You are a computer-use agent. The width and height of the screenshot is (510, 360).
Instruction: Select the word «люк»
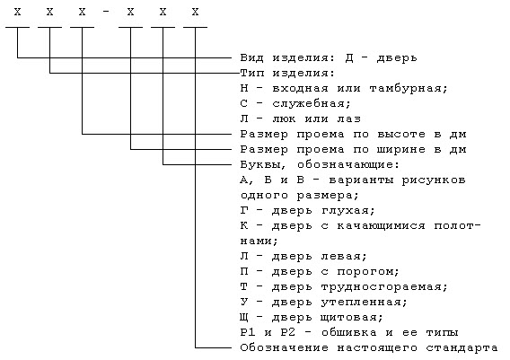tap(284, 119)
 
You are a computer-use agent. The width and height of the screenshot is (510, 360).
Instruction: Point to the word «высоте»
tap(401, 134)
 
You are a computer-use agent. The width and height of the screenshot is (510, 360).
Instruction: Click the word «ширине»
tap(401, 149)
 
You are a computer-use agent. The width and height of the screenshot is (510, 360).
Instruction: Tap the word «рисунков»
tap(434, 180)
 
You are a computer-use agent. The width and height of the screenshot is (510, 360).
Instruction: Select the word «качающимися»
tap(381, 226)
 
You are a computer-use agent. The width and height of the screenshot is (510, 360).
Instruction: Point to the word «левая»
tap(344, 257)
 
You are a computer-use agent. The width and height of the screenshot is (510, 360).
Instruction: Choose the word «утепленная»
tap(364, 303)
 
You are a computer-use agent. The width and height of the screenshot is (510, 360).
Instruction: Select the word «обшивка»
tap(349, 333)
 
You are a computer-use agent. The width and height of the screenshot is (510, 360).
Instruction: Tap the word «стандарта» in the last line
tap(462, 348)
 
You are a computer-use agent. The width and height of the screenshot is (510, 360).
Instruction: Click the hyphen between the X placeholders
tap(106, 13)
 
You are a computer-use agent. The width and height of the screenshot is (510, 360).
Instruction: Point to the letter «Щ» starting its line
tap(244, 318)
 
